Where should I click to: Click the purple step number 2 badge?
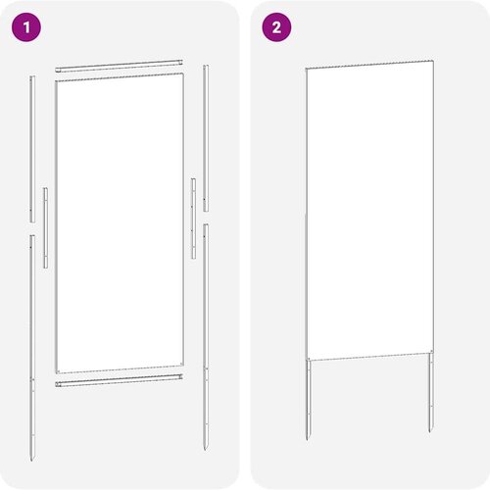[276, 28]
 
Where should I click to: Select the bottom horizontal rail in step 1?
[120, 378]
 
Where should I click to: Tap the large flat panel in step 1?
[120, 223]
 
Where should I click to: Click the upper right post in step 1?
[205, 137]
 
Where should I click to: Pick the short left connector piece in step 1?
[45, 226]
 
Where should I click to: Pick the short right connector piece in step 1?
[193, 218]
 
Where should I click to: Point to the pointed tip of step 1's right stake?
[206, 448]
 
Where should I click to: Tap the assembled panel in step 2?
[368, 211]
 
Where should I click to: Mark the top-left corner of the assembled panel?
[306, 69]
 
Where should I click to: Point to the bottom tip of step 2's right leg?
[429, 432]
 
